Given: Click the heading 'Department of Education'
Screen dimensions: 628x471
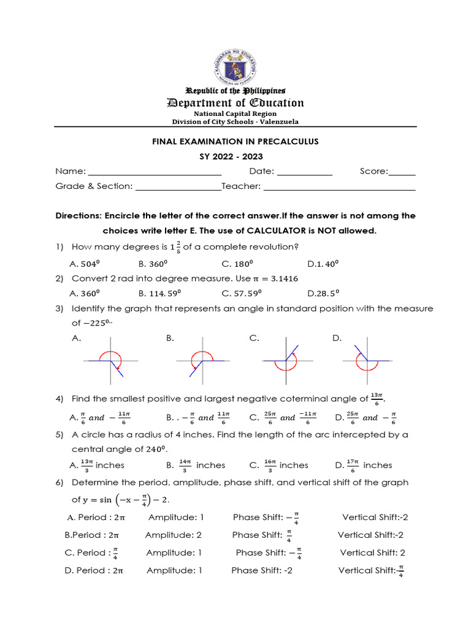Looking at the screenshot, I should (x=235, y=103).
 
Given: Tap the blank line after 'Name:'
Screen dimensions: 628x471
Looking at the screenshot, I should (x=147, y=172).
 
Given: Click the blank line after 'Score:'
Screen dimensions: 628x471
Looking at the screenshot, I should (x=402, y=172).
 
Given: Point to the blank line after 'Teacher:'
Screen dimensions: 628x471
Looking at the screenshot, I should (x=339, y=186).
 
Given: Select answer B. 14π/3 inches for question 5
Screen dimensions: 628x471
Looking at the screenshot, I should (x=196, y=465).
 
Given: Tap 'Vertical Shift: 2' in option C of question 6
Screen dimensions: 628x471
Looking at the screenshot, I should (x=372, y=553).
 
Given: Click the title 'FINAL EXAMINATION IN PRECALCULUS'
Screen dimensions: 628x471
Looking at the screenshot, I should (x=235, y=142).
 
